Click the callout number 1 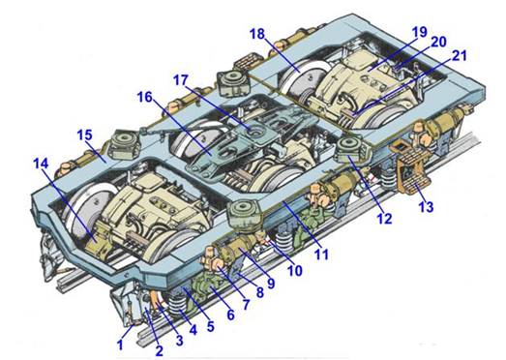pyautogui.click(x=120, y=345)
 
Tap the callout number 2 pyautogui.click(x=159, y=350)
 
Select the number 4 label pyautogui.click(x=193, y=330)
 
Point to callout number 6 pyautogui.click(x=230, y=314)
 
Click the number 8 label pyautogui.click(x=260, y=292)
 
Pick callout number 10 pyautogui.click(x=295, y=271)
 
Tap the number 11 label pyautogui.click(x=321, y=255)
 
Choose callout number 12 pyautogui.click(x=385, y=219)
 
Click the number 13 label pyautogui.click(x=426, y=207)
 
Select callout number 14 pyautogui.click(x=41, y=164)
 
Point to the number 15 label pyautogui.click(x=84, y=135)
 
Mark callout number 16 pyautogui.click(x=144, y=97)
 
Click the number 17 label pyautogui.click(x=181, y=79)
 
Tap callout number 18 pyautogui.click(x=257, y=34)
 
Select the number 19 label pyautogui.click(x=420, y=32)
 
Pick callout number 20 pyautogui.click(x=439, y=42)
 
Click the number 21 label pyautogui.click(x=460, y=55)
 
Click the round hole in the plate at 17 pyautogui.click(x=257, y=133)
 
